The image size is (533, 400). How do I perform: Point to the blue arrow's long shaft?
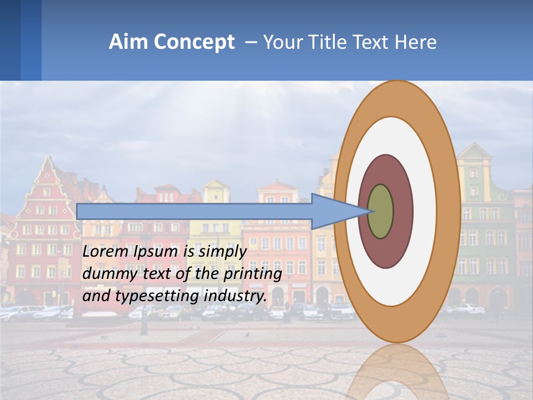[194, 211]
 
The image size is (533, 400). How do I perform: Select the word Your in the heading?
[282, 42]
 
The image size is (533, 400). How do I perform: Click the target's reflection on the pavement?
[396, 372]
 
